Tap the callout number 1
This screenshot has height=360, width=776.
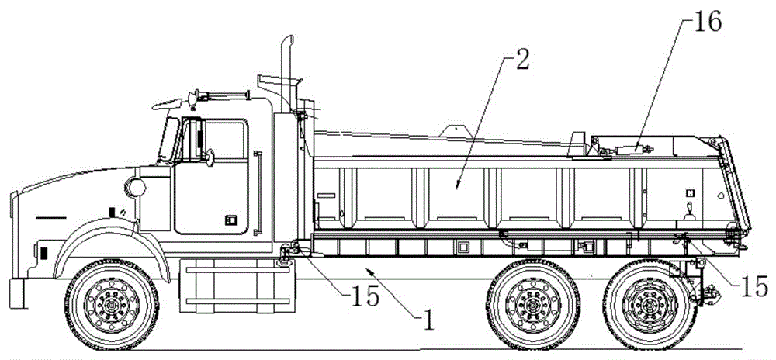[428, 320]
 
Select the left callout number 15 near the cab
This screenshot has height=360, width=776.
[364, 296]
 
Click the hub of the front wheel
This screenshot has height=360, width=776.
[112, 303]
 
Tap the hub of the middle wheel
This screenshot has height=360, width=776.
[534, 303]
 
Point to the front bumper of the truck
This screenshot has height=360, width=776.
[16, 293]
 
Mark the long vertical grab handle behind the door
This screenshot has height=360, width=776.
[256, 193]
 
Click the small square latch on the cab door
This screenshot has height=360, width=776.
[230, 220]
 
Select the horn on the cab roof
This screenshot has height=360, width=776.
[223, 94]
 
